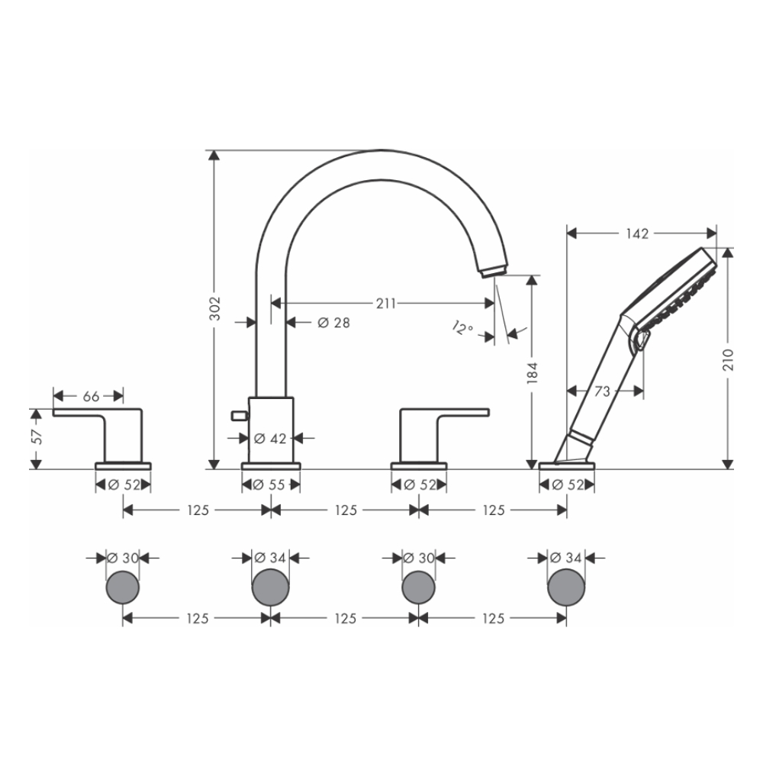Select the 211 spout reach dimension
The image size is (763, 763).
tap(385, 303)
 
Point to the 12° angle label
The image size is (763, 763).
tap(462, 329)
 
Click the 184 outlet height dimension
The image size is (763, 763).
tap(533, 372)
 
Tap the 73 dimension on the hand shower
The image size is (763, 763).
tap(602, 391)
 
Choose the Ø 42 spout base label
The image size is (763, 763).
tap(269, 438)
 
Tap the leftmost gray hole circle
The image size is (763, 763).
tap(122, 588)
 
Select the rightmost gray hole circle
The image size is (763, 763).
tap(566, 588)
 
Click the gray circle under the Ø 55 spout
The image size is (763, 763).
tap(270, 588)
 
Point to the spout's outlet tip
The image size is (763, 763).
tap(492, 269)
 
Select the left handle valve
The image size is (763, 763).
tap(114, 435)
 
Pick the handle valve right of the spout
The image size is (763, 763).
tap(427, 435)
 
